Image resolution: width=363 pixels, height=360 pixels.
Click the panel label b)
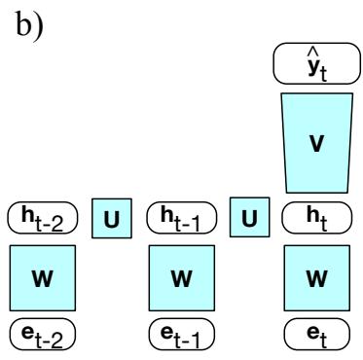click(29, 24)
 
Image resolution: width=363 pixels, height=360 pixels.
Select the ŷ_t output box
click(316, 63)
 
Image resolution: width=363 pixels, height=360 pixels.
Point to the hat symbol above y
click(314, 53)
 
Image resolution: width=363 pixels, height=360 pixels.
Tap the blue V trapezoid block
click(317, 143)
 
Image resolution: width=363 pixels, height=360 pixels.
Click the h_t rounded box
click(316, 218)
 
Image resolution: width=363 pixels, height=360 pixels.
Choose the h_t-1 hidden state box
click(182, 218)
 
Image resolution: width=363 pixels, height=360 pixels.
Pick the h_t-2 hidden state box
click(43, 218)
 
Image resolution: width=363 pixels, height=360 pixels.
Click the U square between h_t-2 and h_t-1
click(112, 218)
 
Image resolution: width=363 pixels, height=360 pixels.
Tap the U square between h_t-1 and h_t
click(249, 217)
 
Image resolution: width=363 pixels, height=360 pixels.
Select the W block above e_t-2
click(43, 278)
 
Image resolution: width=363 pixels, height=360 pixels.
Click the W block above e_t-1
click(182, 278)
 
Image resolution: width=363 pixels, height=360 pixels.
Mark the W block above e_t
click(317, 278)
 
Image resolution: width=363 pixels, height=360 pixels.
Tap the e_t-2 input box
click(43, 334)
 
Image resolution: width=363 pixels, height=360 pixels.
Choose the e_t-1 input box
click(182, 334)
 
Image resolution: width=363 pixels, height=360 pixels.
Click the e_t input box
click(317, 334)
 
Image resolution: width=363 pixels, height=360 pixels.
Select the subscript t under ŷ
click(323, 75)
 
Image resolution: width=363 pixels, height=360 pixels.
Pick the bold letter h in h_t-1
click(167, 215)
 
